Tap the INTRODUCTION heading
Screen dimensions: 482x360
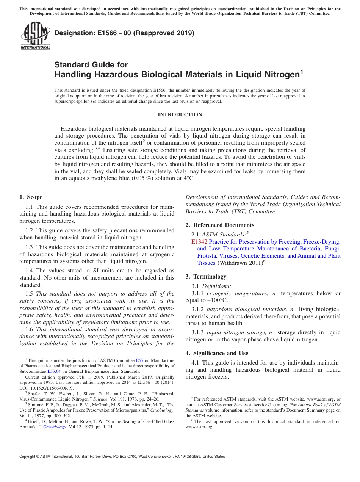(180, 114)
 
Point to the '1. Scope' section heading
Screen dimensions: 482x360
(31, 197)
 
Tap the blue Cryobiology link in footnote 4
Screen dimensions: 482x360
(54, 427)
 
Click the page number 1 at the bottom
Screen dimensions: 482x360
(180, 466)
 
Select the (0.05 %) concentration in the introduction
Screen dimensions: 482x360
(142, 178)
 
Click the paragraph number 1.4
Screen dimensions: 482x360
(30, 271)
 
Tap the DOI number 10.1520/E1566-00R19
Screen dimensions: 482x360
(51, 388)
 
